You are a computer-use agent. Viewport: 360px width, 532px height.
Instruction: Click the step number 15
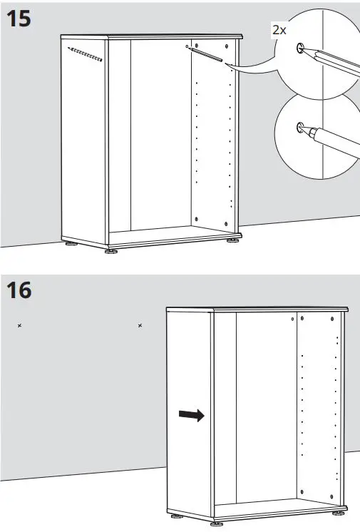[x=19, y=19]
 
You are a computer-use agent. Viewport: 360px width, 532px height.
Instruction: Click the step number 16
[x=19, y=291]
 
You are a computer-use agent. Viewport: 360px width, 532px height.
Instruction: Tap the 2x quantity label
[x=280, y=30]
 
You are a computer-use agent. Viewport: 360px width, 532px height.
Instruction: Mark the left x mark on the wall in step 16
[x=19, y=326]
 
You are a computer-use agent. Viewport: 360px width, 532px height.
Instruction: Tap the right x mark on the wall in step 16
[x=140, y=326]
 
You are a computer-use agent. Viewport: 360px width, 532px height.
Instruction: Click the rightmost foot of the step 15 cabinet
[x=232, y=241]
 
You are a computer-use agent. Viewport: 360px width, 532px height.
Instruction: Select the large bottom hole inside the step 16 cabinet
[x=302, y=491]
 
